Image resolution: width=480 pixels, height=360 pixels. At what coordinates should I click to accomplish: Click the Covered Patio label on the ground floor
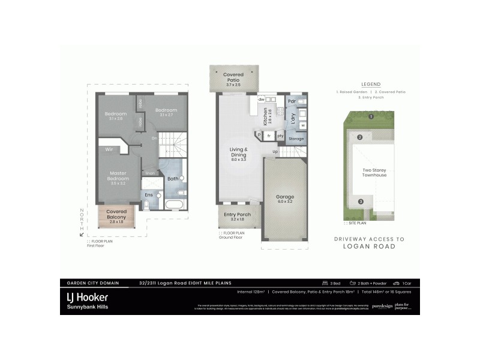[233, 77]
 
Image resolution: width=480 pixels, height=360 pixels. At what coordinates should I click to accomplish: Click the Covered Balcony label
[116, 215]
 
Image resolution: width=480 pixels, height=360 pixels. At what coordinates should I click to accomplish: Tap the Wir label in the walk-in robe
[110, 149]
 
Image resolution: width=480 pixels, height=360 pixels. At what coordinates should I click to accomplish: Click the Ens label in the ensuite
[149, 195]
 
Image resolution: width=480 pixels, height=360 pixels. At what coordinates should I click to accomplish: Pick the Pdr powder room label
[292, 101]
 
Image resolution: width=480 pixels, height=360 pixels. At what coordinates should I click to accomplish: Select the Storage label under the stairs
[296, 139]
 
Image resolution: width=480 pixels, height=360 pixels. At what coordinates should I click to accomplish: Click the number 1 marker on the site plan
[371, 116]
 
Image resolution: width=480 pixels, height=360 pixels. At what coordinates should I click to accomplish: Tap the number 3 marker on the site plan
[361, 202]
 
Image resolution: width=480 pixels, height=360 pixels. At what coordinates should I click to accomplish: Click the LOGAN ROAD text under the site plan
[369, 246]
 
